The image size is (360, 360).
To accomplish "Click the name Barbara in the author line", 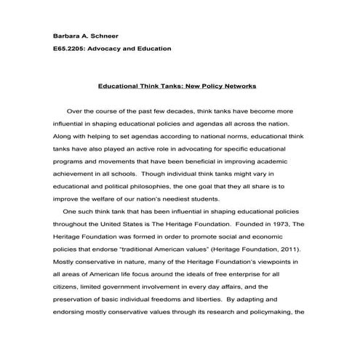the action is (x=67, y=35).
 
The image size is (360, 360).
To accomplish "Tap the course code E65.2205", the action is (x=70, y=49).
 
